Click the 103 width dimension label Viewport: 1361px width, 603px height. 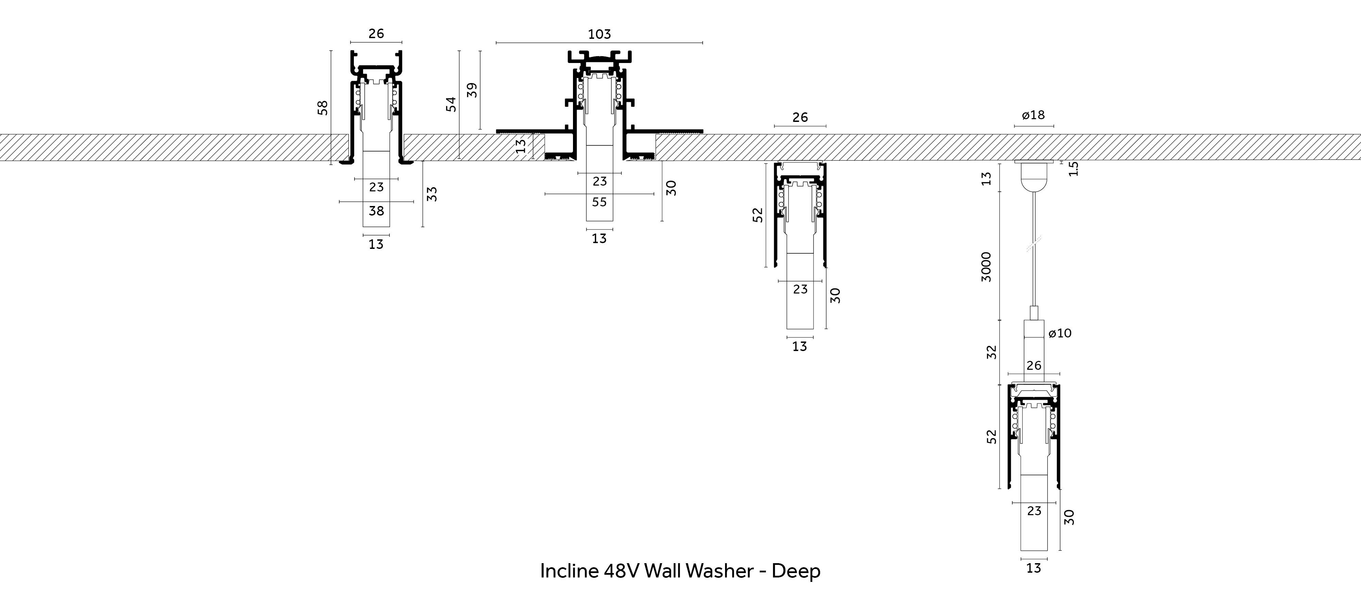599,34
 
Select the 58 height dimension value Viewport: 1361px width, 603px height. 323,108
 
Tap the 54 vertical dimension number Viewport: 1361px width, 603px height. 451,104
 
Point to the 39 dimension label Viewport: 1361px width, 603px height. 473,90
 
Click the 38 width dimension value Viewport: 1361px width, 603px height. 376,211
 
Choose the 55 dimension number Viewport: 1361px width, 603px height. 599,202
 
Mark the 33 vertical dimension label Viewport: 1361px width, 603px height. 432,194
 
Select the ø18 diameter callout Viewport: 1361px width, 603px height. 1033,115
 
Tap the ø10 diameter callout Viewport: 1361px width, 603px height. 1060,333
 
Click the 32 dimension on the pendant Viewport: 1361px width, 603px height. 992,352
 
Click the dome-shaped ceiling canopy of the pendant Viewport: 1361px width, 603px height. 1033,179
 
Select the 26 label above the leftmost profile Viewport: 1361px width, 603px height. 376,34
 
